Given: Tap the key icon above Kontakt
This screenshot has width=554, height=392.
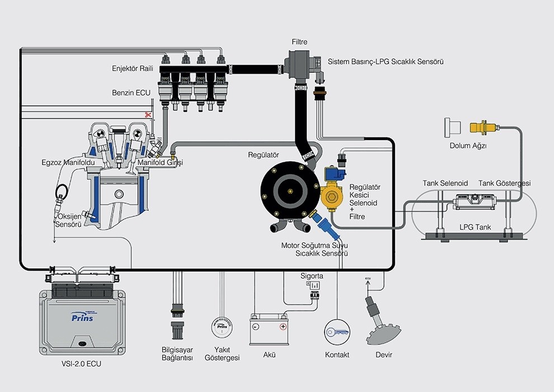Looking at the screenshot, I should (x=337, y=332).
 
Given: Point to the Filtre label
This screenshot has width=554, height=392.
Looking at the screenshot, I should (x=299, y=42).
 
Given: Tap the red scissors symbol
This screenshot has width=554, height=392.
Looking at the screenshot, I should (x=148, y=115).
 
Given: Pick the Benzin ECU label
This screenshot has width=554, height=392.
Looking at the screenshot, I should (x=132, y=93).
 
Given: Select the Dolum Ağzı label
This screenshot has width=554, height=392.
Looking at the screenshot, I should (x=468, y=147).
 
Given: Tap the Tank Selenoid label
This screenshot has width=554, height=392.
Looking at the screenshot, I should (x=445, y=183).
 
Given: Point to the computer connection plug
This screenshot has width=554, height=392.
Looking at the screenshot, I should (x=177, y=327).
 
